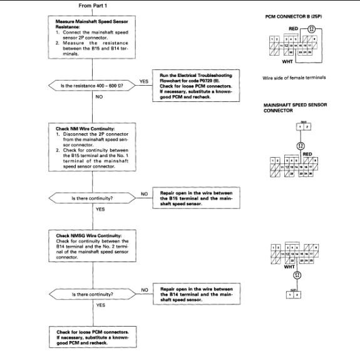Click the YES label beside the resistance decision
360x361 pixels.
click(143, 81)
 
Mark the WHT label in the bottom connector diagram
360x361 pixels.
click(289, 266)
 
